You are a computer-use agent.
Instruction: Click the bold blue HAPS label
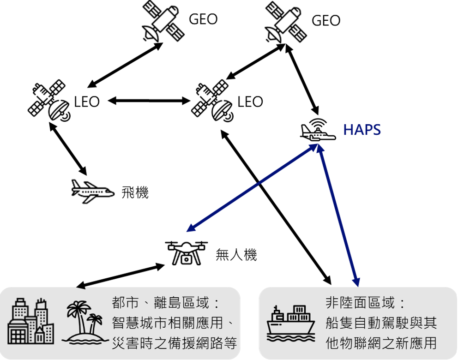362,130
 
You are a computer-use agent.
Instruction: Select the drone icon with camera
186,252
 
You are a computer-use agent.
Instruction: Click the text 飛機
135,192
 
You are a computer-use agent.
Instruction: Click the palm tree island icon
84,323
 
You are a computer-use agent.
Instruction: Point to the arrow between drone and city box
121,276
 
